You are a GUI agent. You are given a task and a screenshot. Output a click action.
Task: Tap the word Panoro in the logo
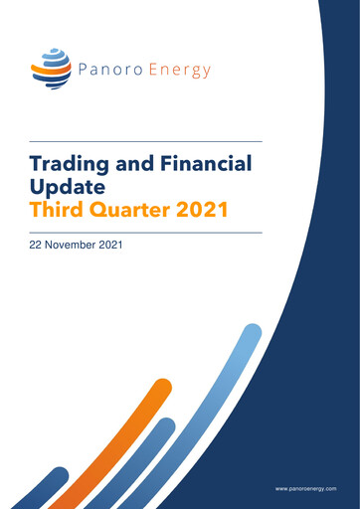(109, 71)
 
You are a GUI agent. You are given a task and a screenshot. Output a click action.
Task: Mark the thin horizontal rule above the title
(146, 140)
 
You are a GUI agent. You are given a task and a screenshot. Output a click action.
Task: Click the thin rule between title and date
(146, 232)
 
